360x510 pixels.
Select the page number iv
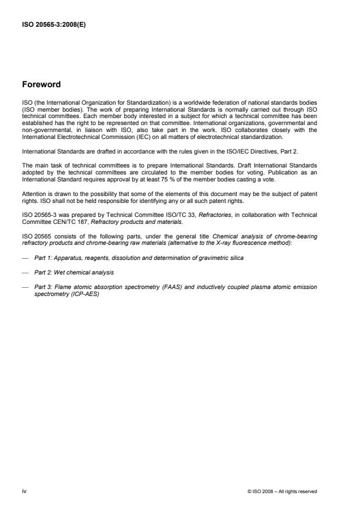(24, 491)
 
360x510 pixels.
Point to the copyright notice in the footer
(282, 492)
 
